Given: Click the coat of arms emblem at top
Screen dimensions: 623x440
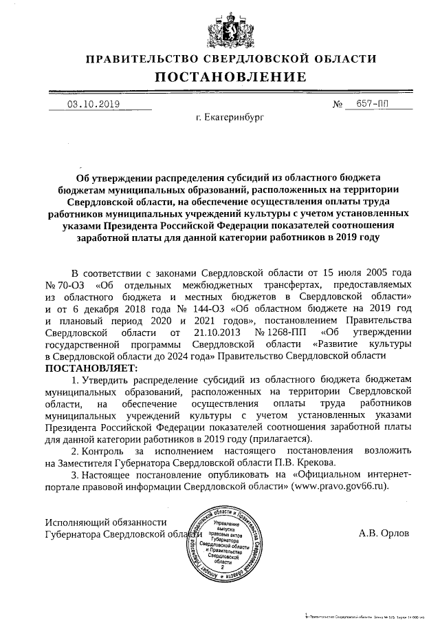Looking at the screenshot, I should [x=220, y=28].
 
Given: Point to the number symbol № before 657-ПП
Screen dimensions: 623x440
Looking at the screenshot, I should [x=338, y=105].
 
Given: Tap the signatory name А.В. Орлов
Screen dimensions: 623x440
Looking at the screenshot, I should [x=386, y=532].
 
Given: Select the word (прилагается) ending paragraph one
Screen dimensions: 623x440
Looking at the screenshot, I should [x=280, y=438].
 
